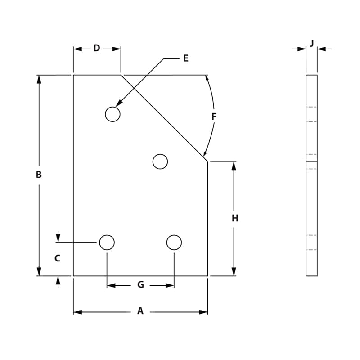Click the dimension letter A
click(140, 311)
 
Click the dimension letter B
click(39, 175)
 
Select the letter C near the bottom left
click(57, 258)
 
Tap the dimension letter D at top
click(97, 48)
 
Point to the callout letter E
click(185, 58)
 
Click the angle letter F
click(214, 117)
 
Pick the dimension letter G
click(140, 285)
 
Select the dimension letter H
click(235, 218)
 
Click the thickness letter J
click(312, 43)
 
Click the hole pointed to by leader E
click(112, 114)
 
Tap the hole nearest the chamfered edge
click(160, 162)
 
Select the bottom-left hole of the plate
click(107, 243)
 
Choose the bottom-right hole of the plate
click(174, 243)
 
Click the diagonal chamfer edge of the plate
click(164, 118)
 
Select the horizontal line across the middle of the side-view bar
click(311, 162)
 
